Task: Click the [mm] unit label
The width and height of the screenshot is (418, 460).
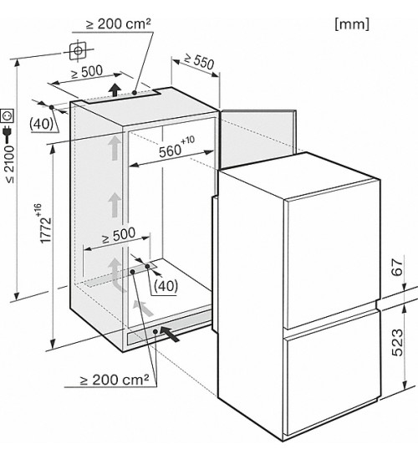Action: tap(352, 24)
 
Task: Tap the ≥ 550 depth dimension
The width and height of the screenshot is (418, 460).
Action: tap(199, 62)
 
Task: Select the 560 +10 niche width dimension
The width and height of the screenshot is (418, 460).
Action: tap(176, 147)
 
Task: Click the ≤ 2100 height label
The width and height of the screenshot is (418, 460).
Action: tap(10, 164)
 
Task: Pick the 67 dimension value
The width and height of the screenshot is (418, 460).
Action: tap(397, 267)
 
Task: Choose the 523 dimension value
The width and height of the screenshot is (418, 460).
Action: tap(397, 343)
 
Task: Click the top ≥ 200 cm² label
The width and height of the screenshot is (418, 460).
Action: tap(119, 23)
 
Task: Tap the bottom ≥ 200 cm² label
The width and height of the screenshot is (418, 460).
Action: tap(115, 380)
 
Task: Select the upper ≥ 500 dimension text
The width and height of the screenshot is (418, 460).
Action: tap(87, 72)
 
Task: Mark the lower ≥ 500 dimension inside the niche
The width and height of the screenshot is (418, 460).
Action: tap(119, 235)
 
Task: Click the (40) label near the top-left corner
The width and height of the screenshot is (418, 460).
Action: tap(41, 124)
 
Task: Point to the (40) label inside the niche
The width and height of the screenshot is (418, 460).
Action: tap(166, 285)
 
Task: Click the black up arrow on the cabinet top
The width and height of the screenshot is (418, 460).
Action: tap(116, 89)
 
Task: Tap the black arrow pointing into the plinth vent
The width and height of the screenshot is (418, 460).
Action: tap(170, 335)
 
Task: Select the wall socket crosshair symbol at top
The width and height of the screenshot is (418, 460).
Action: tap(78, 51)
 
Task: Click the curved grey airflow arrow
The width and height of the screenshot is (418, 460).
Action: tap(116, 274)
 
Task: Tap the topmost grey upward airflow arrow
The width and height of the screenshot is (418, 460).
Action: tap(114, 149)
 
